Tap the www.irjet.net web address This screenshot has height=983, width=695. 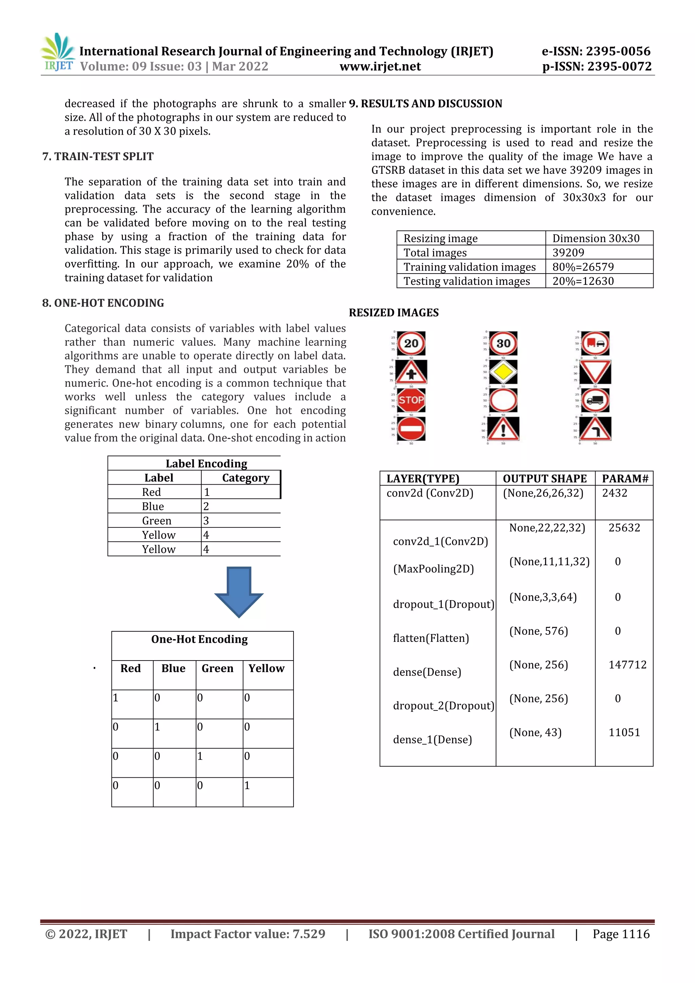(x=380, y=67)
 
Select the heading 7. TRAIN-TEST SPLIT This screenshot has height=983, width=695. (x=98, y=156)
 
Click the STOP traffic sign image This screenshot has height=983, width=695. (x=411, y=400)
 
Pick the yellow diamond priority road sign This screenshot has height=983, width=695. (x=503, y=372)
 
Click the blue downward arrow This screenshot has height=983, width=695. (x=239, y=592)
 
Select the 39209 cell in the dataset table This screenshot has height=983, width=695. (x=568, y=253)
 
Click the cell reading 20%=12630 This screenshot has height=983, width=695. (x=583, y=281)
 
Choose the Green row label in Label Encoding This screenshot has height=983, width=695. (x=157, y=521)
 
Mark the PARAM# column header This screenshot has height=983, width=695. (x=625, y=478)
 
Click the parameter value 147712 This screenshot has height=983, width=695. (x=627, y=665)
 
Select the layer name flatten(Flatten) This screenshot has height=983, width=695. (x=431, y=638)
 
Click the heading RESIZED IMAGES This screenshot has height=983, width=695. (x=394, y=313)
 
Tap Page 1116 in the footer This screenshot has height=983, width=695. (x=621, y=934)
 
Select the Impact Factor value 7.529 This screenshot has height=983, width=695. (x=308, y=934)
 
